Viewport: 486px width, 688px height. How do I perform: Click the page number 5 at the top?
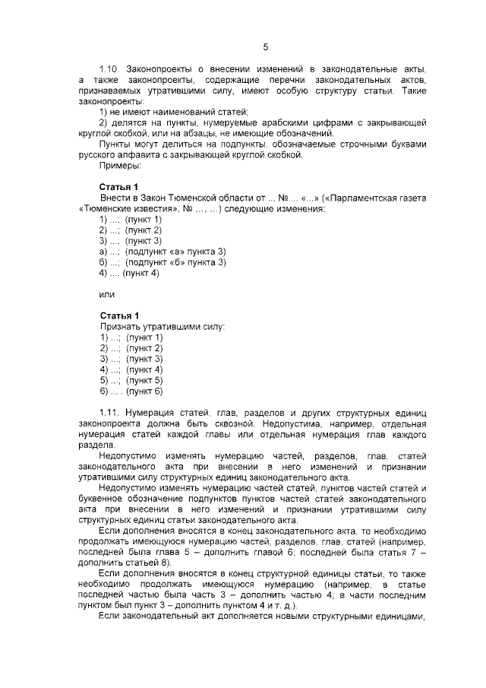click(266, 47)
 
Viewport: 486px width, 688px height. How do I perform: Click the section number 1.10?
click(111, 69)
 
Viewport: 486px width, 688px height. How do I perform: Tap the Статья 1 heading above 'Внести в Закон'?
click(119, 187)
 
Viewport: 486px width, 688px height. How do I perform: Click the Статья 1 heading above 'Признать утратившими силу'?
click(119, 315)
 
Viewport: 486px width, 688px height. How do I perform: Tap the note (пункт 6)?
click(144, 390)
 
